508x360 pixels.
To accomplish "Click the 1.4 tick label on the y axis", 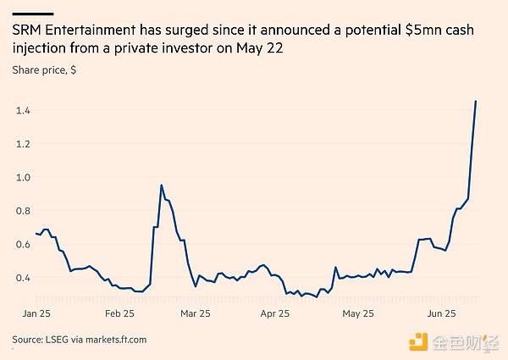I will tap(22, 111).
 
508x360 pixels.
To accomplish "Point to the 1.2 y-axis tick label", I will tap(22, 144).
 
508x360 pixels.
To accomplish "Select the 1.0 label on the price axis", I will tap(22, 177).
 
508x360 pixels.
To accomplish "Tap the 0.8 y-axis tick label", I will tap(22, 211).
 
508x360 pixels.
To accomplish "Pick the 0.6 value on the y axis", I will tap(22, 244).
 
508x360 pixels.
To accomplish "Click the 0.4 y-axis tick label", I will tap(22, 278).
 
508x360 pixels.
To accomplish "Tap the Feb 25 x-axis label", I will tap(119, 313).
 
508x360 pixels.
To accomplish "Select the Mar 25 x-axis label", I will tap(195, 313).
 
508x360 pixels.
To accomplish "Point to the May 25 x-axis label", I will tap(357, 313).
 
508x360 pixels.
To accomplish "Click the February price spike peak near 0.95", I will tap(161, 186).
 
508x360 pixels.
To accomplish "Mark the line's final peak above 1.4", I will tap(476, 102).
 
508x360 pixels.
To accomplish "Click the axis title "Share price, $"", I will tap(44, 69).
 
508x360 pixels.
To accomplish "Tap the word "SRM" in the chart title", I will tap(27, 30).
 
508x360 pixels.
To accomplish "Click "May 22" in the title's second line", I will tap(260, 49).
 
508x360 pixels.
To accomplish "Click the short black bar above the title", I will tap(33, 14).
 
